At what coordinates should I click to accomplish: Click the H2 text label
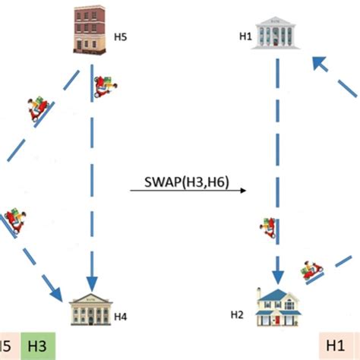(x=236, y=313)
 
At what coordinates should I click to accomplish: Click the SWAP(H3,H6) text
(x=188, y=182)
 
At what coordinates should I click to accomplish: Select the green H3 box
(x=38, y=346)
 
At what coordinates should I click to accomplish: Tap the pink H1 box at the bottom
(x=336, y=346)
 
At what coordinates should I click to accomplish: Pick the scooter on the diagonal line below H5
(x=37, y=110)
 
